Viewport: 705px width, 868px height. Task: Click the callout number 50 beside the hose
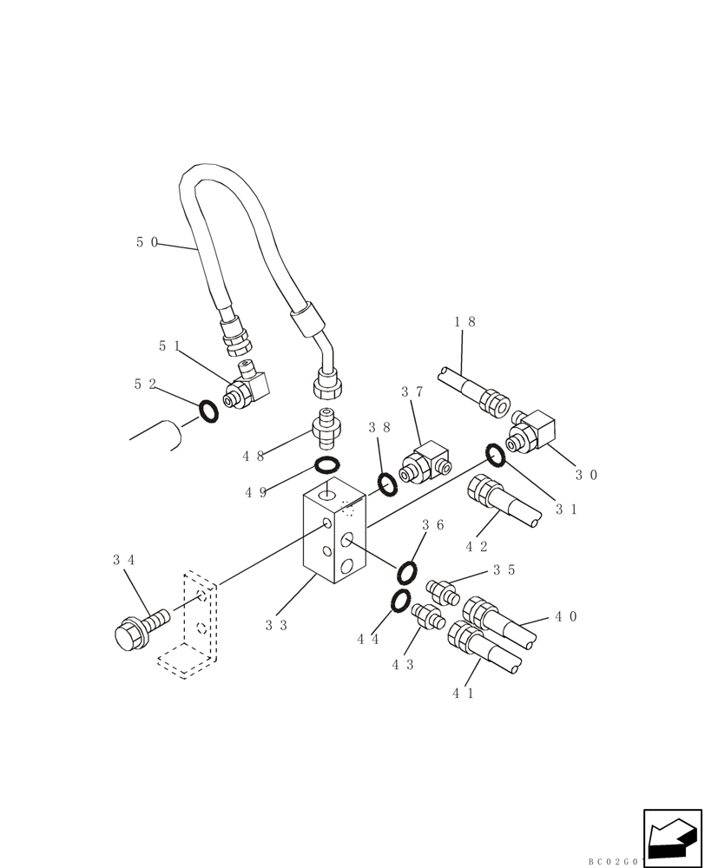(147, 242)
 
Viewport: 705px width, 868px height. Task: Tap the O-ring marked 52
(208, 411)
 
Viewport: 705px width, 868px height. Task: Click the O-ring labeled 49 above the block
(326, 464)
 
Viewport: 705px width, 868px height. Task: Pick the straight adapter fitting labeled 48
(326, 425)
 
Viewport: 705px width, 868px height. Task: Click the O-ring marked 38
(387, 483)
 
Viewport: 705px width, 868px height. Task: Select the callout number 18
(465, 321)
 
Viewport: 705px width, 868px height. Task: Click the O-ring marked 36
(406, 572)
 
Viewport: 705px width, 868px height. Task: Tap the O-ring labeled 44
(400, 600)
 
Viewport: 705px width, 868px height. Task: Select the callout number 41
(464, 693)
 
